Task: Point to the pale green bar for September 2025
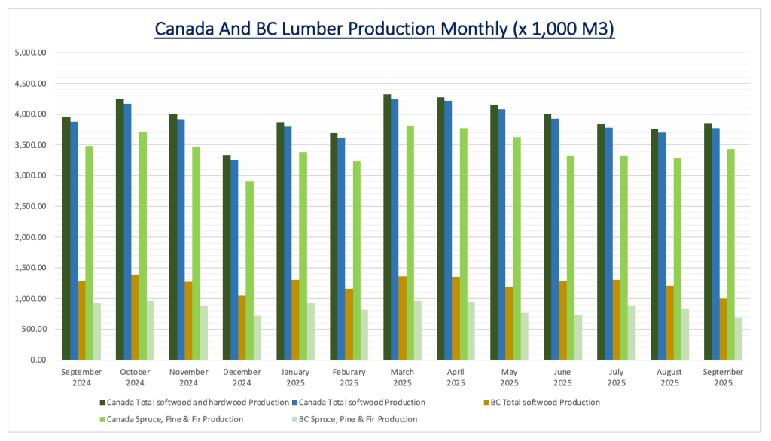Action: click(738, 339)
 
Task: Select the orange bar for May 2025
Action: click(510, 324)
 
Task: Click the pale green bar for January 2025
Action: click(310, 332)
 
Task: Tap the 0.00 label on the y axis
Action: click(38, 360)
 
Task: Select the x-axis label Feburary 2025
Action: click(349, 376)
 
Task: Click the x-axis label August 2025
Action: click(669, 376)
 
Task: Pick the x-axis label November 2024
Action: click(188, 376)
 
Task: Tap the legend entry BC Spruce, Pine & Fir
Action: click(358, 419)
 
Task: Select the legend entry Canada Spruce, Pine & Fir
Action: click(175, 419)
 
